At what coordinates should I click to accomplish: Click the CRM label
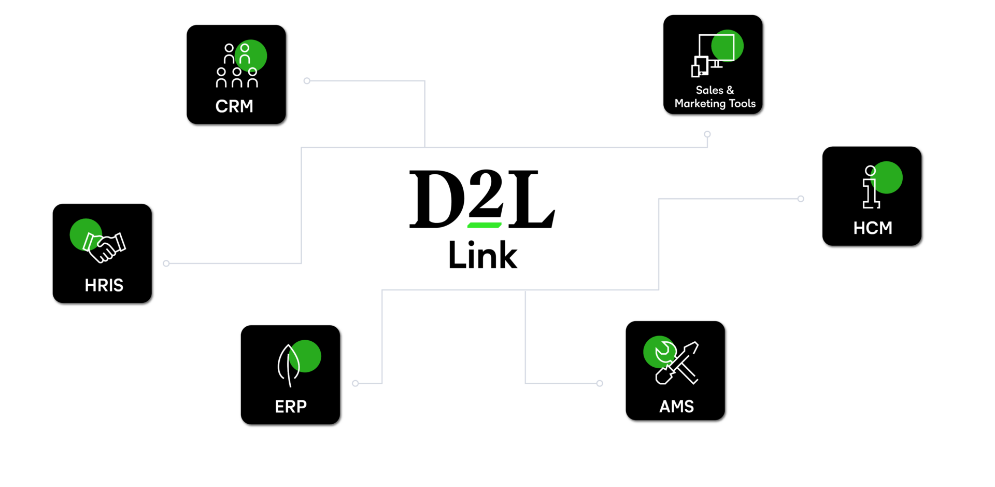point(234,106)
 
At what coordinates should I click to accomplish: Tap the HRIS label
point(104,285)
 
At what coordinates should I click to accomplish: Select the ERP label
point(291,407)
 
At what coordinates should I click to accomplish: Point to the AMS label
point(676,407)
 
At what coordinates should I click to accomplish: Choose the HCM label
point(873,228)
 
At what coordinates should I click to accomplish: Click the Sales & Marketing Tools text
point(715,97)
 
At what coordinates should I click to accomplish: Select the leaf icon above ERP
point(289,365)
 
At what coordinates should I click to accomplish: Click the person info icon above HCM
point(871,187)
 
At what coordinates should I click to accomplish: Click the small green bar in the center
point(485,225)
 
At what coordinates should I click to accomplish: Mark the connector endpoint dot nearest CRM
point(307,81)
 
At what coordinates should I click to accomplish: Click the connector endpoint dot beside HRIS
point(166,263)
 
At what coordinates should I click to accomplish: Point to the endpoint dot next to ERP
point(356,383)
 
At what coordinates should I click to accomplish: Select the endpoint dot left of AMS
point(600,383)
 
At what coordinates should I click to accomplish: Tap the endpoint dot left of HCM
point(801,199)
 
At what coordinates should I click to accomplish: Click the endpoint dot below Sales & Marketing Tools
point(707,134)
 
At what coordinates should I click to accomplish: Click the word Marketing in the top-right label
point(700,104)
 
